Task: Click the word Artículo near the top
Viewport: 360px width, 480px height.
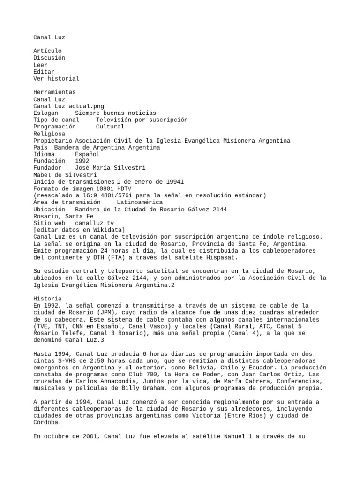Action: [47, 51]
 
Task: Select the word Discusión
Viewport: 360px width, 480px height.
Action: [49, 58]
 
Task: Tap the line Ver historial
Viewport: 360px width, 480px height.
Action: [56, 78]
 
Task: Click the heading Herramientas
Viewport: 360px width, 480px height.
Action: [54, 92]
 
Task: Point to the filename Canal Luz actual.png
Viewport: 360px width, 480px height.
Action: [69, 106]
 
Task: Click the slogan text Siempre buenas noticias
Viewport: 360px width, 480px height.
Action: [115, 113]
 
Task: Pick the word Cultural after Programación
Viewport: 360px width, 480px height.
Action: [110, 127]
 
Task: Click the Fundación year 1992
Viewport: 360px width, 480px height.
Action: [82, 161]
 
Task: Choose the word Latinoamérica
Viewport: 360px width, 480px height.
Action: [140, 202]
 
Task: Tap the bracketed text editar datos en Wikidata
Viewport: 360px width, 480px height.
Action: [79, 230]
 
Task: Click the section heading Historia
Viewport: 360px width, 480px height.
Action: [47, 299]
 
